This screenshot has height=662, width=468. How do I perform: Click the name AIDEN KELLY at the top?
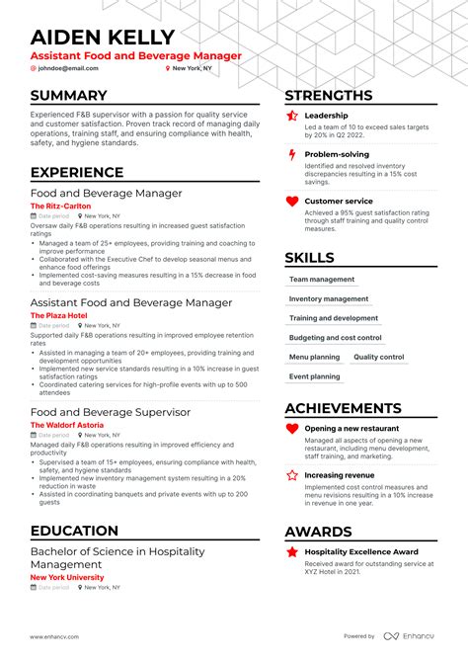(x=102, y=37)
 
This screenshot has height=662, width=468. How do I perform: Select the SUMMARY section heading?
(x=68, y=96)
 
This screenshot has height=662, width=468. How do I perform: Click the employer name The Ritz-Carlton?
(x=61, y=206)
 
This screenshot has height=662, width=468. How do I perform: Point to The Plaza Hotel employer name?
(x=58, y=315)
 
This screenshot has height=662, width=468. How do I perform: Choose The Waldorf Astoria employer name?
(x=66, y=425)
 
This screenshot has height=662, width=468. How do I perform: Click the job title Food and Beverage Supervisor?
(x=110, y=411)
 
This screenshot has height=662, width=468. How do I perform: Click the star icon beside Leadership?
(x=291, y=117)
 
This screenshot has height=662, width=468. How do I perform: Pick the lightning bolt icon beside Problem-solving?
(x=291, y=155)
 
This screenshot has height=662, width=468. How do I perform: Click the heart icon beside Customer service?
(x=291, y=202)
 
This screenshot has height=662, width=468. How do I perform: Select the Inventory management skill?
(x=329, y=298)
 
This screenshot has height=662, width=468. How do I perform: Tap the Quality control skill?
(x=378, y=357)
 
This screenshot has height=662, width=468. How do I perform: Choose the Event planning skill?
(x=314, y=376)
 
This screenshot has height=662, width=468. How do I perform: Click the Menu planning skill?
(x=314, y=357)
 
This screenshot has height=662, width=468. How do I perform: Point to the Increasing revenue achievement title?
(x=339, y=475)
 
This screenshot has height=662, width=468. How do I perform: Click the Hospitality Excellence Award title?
(x=360, y=551)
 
